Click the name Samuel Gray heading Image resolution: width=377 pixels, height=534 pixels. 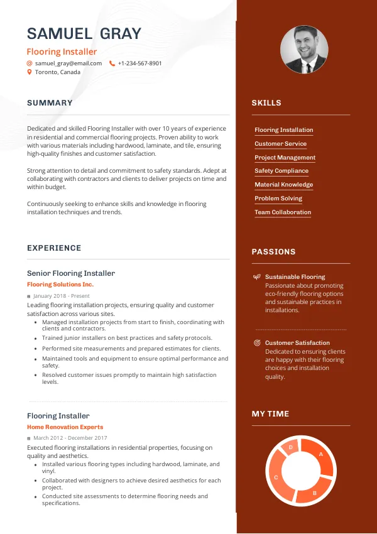tap(84, 33)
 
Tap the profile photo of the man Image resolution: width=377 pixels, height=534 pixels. tap(303, 50)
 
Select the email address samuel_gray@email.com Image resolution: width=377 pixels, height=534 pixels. tap(68, 63)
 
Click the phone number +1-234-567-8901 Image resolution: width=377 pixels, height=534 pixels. tap(139, 63)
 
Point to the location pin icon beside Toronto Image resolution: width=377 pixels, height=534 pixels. tap(30, 72)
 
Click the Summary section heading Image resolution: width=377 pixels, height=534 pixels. tap(50, 103)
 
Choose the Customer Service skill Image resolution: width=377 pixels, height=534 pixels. tap(280, 144)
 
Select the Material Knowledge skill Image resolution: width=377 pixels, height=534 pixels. tap(283, 185)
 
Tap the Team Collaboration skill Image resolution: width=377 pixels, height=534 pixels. tap(283, 212)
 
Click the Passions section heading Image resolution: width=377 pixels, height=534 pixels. tap(273, 252)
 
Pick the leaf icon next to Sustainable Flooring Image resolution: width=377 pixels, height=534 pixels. tap(256, 277)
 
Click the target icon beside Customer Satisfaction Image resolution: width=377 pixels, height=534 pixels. tap(256, 343)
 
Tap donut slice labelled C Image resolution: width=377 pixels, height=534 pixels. tap(276, 477)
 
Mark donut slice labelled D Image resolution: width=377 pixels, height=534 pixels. tap(290, 447)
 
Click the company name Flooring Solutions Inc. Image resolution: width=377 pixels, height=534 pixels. tap(60, 285)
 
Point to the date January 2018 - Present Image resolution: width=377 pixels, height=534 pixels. tap(62, 296)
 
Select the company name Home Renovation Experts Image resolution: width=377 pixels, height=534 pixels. tap(65, 427)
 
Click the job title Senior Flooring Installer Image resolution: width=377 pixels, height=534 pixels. tap(71, 273)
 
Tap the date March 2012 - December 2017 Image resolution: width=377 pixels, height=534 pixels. tap(70, 438)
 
